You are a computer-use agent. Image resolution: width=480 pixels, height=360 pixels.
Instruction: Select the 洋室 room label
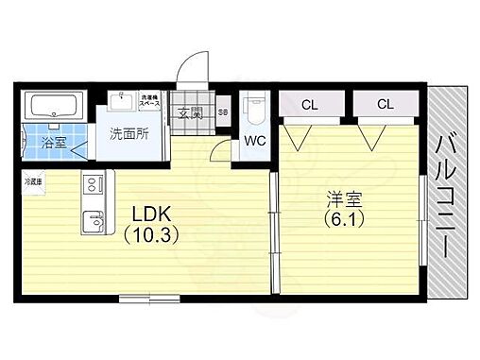[x=347, y=200]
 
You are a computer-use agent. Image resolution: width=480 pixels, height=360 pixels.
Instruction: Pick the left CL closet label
[x=309, y=104]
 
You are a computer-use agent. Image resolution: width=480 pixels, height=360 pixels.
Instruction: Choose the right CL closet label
[x=385, y=104]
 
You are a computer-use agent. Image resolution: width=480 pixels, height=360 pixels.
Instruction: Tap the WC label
[x=254, y=141]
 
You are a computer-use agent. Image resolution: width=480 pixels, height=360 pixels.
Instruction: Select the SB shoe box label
[x=223, y=112]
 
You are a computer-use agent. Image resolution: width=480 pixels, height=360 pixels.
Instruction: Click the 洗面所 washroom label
[x=129, y=134]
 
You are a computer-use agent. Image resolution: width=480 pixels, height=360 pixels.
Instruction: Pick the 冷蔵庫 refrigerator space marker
[x=33, y=180]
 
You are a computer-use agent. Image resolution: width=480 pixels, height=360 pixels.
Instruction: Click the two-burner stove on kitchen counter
[x=93, y=183]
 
